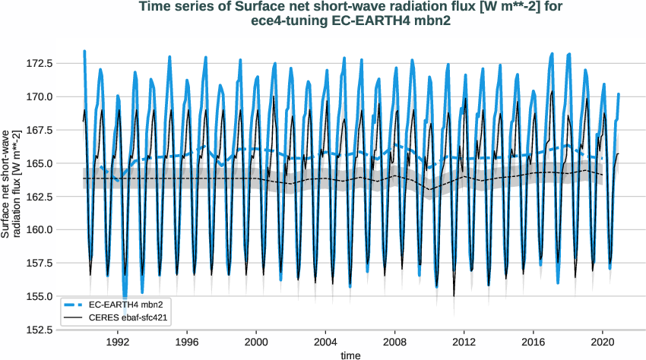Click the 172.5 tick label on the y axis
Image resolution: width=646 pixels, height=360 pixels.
(x=59, y=63)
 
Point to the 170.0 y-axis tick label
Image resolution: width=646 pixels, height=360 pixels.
(x=59, y=96)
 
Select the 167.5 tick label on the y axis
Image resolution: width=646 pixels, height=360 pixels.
(x=59, y=130)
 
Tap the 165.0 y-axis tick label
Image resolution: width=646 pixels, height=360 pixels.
(x=59, y=163)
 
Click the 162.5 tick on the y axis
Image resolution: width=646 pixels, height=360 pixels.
(x=59, y=197)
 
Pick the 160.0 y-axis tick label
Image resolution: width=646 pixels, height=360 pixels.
(x=59, y=230)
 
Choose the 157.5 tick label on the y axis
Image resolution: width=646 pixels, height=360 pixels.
(x=59, y=264)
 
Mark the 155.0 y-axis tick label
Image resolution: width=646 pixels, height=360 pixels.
(x=59, y=296)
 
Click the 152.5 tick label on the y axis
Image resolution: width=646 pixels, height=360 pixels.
(x=59, y=330)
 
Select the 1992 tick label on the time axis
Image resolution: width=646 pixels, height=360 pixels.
(x=118, y=342)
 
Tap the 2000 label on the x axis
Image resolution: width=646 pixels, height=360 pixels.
(x=256, y=342)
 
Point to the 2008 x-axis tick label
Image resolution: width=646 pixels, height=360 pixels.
(x=395, y=342)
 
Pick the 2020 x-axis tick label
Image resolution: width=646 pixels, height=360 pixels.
(x=603, y=342)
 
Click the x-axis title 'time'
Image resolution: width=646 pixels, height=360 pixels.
(x=350, y=354)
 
